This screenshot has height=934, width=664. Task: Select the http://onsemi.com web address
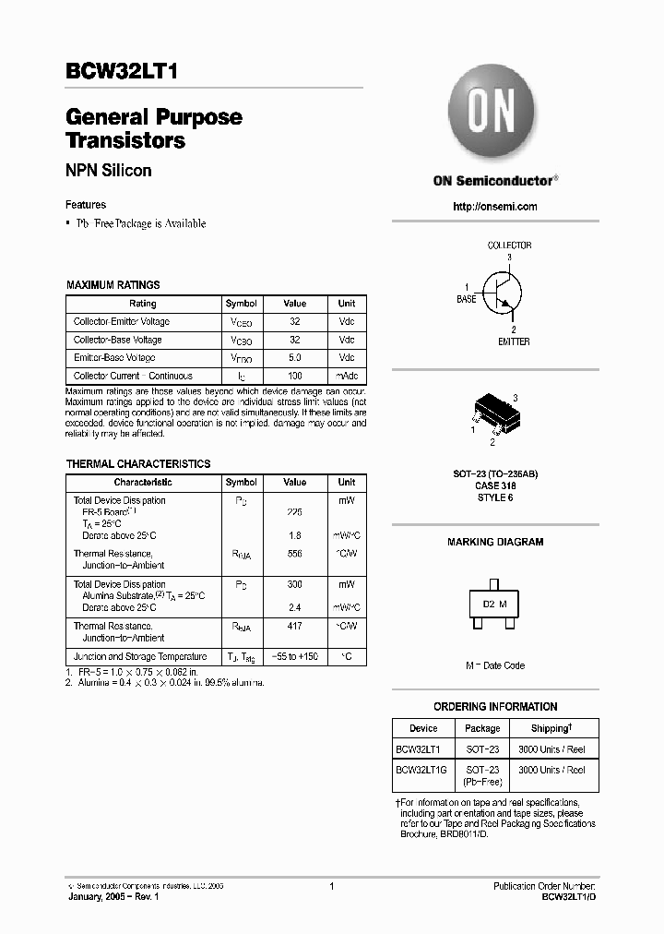(495, 207)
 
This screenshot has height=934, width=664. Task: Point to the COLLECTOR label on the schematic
(509, 245)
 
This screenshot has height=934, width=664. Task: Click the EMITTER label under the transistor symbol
(514, 341)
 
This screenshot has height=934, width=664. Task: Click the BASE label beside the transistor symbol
(467, 299)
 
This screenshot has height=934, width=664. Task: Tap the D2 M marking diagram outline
(494, 605)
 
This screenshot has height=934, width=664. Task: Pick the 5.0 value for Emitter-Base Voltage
(294, 357)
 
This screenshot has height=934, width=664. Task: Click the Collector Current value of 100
(294, 376)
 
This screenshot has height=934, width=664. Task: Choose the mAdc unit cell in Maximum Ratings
(347, 376)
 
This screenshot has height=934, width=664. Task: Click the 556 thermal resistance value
(294, 554)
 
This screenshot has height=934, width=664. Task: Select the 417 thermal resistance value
(294, 626)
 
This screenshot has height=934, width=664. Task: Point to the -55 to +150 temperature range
(294, 656)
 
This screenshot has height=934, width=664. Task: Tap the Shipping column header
(551, 728)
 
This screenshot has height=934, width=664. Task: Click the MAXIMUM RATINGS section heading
(113, 285)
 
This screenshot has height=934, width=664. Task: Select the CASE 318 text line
(495, 485)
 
